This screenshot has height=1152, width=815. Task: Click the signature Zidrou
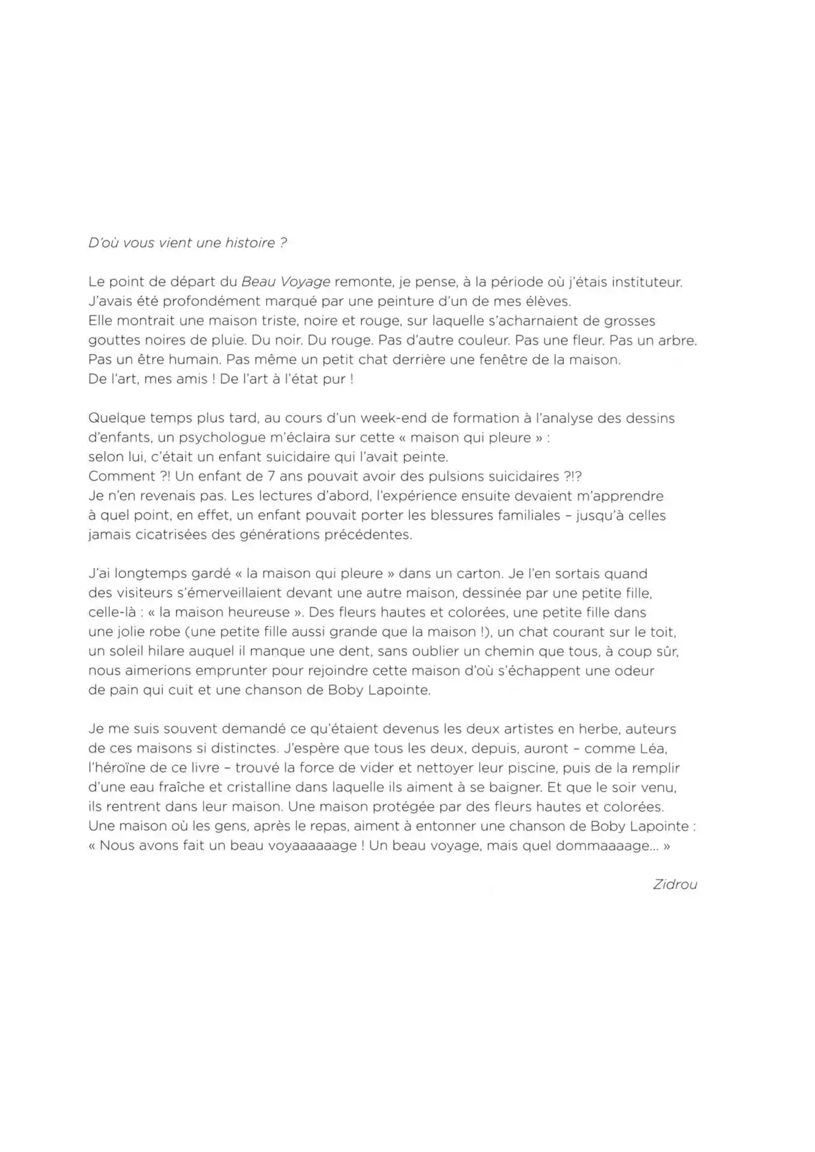675,884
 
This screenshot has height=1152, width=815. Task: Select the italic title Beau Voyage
286,282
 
